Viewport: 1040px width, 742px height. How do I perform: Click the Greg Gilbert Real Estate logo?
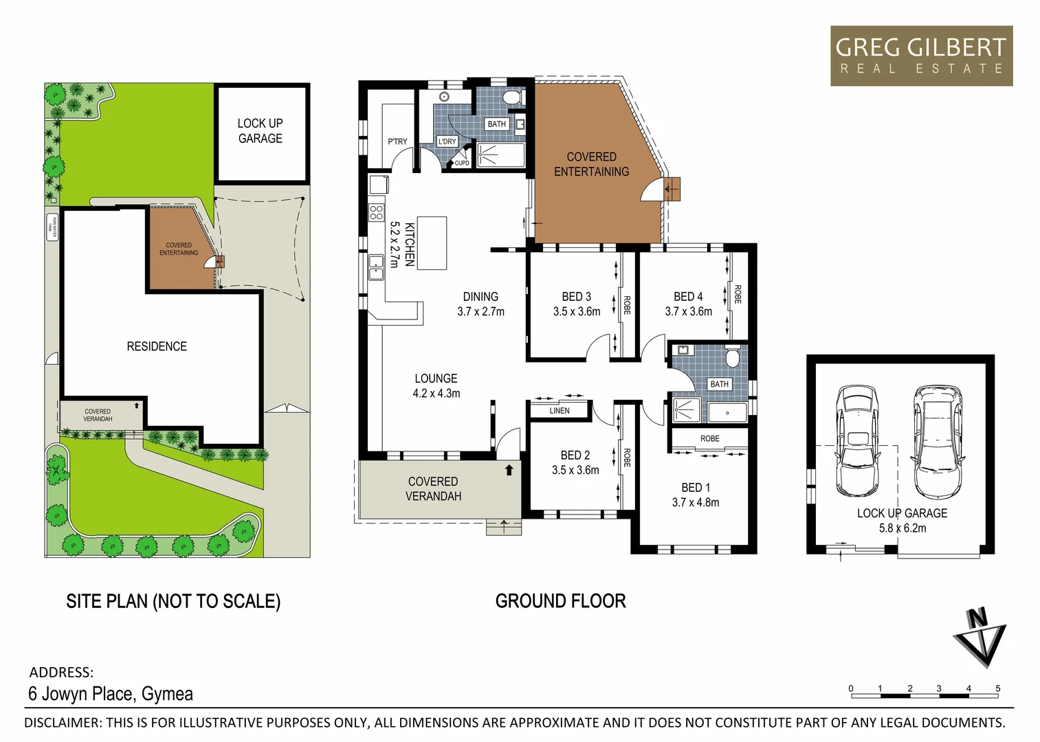921,56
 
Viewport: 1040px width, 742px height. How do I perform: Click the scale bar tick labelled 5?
997,688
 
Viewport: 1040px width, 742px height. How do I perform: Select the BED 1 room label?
696,487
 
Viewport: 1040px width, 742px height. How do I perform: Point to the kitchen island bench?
432,243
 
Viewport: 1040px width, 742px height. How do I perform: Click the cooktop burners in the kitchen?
376,212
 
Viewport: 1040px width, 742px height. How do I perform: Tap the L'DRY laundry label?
447,142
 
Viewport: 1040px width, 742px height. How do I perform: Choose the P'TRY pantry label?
397,142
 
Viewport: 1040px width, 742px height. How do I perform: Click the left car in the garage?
856,441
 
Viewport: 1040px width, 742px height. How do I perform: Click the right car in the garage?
938,441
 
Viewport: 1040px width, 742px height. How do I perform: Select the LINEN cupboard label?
560,411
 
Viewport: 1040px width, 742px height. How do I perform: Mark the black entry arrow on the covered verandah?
509,471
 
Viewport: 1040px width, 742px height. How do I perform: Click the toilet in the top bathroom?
512,98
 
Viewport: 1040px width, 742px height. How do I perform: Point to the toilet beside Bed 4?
733,357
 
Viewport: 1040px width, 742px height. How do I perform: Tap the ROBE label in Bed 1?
709,438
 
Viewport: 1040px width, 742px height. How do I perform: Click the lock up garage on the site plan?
261,131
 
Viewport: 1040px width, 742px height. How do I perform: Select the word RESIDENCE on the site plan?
157,346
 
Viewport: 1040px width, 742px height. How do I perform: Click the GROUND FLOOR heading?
560,601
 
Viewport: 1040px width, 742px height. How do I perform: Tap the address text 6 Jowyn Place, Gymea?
111,694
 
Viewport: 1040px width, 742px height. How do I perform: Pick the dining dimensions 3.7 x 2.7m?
480,311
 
